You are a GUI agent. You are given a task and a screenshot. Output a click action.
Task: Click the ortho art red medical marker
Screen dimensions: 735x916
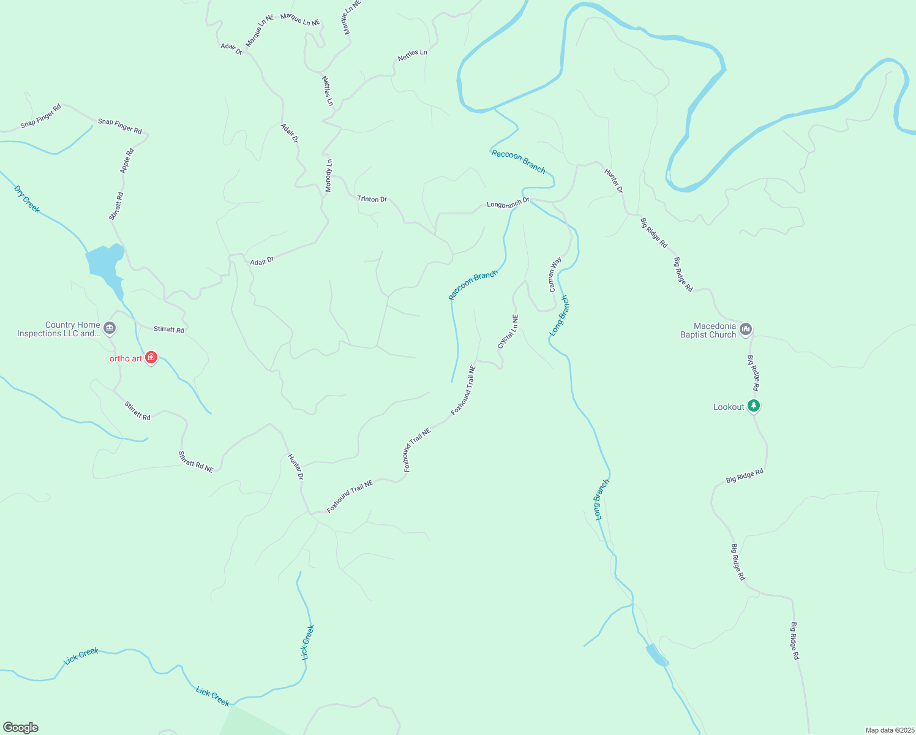151,358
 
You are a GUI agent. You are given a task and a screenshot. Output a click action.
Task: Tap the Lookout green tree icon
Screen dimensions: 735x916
754,405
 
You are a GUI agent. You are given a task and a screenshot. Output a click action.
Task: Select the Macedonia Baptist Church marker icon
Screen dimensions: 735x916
746,330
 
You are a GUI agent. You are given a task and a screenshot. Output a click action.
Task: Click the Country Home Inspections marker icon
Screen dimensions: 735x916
110,328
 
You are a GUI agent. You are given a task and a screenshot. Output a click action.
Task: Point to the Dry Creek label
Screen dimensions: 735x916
26,199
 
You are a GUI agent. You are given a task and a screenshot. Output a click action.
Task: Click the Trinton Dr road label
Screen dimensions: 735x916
372,199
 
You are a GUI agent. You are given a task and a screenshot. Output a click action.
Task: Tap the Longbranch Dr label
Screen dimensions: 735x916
508,203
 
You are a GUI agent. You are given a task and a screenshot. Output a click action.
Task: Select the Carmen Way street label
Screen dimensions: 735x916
555,274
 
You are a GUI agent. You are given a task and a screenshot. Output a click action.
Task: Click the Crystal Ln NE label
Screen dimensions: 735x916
508,332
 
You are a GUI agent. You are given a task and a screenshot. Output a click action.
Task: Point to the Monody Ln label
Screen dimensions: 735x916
328,176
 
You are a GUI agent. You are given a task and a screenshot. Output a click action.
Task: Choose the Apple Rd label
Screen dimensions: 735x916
127,161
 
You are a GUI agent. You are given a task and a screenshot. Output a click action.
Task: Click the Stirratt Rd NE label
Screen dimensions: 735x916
195,462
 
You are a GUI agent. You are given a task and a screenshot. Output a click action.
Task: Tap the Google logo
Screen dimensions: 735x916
21,728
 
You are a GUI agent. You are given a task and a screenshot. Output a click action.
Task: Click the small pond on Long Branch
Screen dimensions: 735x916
656,655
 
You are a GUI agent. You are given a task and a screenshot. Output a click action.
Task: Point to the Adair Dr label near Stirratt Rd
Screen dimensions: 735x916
261,262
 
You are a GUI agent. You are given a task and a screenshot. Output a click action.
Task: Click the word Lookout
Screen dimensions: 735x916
729,407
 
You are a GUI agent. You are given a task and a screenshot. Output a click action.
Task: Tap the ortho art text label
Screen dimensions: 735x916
126,358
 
